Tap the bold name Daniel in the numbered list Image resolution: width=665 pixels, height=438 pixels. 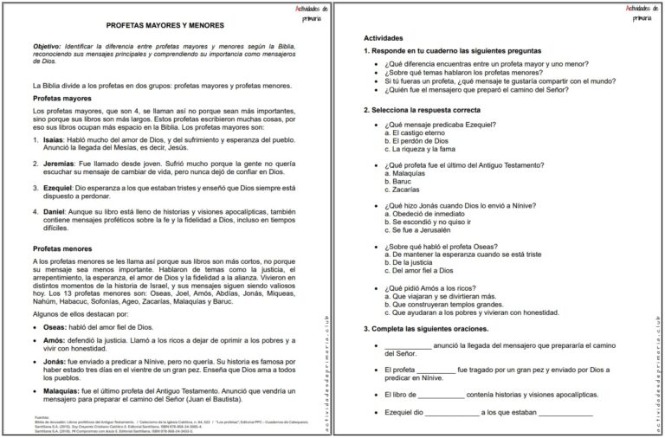point(55,211)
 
